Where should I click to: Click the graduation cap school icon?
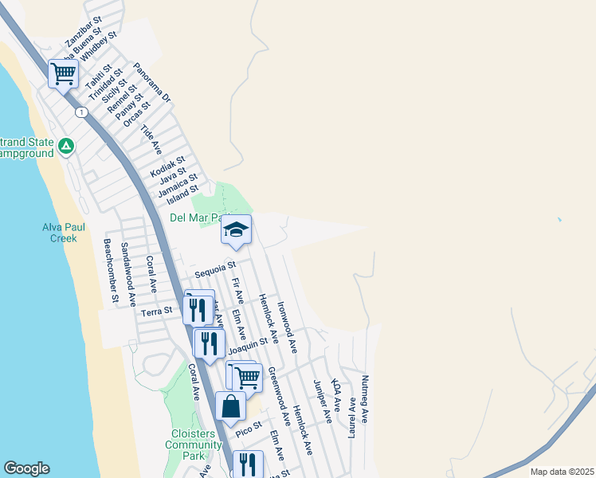tap(236, 230)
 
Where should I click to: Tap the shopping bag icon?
tap(230, 406)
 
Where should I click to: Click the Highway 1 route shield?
tap(81, 112)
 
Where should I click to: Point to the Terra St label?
tap(156, 311)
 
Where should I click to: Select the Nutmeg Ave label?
tap(365, 398)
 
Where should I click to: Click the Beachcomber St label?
tap(112, 272)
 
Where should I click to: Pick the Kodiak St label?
tap(167, 167)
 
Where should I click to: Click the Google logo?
tap(26, 468)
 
